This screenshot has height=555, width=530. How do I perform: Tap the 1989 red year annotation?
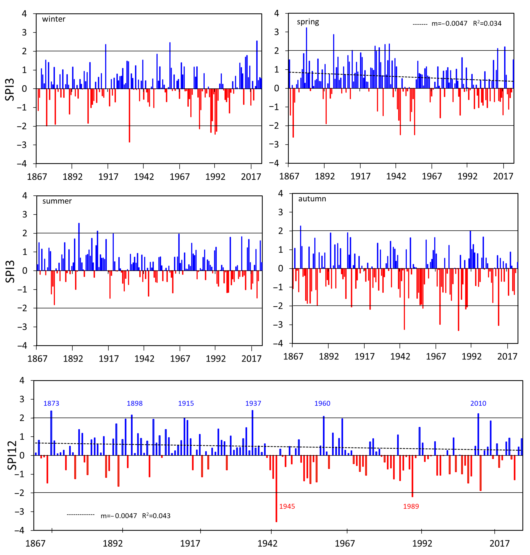(x=411, y=506)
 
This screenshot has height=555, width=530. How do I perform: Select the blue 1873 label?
(x=51, y=403)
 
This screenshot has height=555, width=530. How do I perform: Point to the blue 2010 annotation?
(x=478, y=403)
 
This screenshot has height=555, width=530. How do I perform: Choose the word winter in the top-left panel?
(x=54, y=19)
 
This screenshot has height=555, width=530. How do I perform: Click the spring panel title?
(x=308, y=22)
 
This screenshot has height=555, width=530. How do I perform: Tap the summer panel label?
(x=57, y=201)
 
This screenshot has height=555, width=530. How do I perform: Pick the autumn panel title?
(x=312, y=199)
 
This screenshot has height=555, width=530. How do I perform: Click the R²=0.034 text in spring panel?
(x=487, y=23)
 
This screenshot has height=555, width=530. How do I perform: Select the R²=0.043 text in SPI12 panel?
(x=156, y=516)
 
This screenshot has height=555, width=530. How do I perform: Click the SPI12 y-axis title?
(x=12, y=455)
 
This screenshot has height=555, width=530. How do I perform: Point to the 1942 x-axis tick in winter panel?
(x=144, y=177)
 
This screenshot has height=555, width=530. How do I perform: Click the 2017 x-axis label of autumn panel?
(x=507, y=356)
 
